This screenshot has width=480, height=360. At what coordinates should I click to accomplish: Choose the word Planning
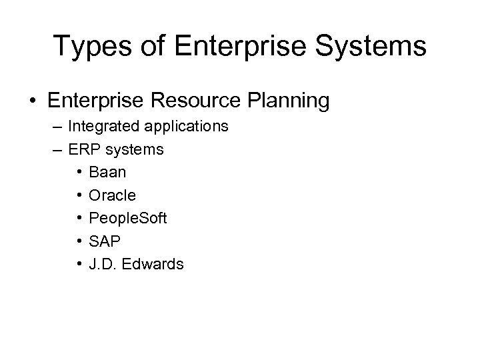[288, 101]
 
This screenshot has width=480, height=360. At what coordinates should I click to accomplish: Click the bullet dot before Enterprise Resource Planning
[31, 101]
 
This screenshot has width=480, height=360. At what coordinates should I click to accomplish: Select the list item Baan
[107, 172]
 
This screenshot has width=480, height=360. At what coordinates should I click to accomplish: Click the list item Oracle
[111, 195]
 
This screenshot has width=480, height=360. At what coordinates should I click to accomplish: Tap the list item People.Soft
[126, 218]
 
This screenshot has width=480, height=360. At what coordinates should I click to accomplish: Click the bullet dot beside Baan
[79, 173]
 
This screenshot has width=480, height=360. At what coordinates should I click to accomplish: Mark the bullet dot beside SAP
[79, 241]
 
